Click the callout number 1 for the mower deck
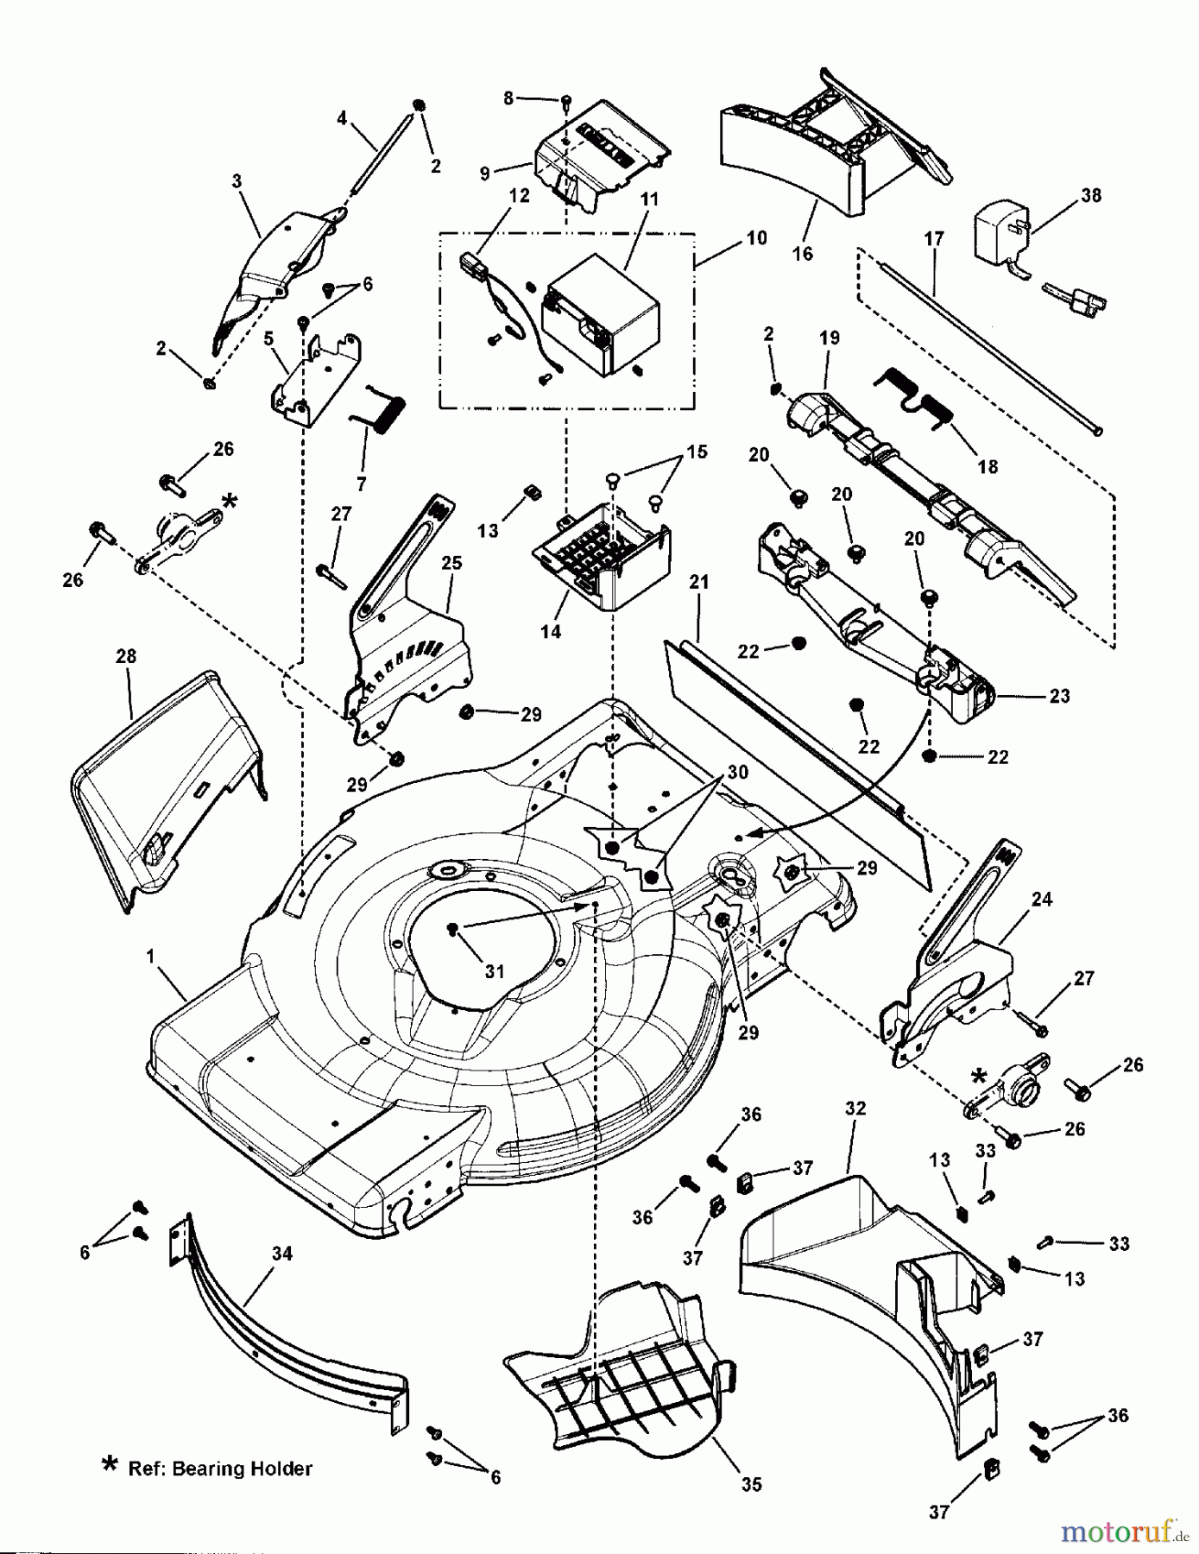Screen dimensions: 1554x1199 [x=151, y=956]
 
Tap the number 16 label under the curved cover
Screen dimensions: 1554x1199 [x=803, y=253]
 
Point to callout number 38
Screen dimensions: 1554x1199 [x=1091, y=195]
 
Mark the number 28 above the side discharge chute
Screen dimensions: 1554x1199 [x=126, y=656]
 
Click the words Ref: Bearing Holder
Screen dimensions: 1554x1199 [x=219, y=1468]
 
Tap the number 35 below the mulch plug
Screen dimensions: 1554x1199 [x=751, y=1484]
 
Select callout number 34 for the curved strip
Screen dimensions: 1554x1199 [x=282, y=1253]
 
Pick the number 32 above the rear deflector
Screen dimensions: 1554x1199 [x=855, y=1109]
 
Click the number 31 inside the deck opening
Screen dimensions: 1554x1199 [x=494, y=971]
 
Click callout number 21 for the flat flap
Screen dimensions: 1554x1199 [x=699, y=582]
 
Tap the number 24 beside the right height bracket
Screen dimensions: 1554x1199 [x=1042, y=899]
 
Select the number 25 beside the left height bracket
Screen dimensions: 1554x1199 [x=451, y=562]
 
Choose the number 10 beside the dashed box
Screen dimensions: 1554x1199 [x=756, y=237]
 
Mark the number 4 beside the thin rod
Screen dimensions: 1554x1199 [x=342, y=117]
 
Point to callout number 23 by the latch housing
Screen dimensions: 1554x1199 [x=1059, y=696]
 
